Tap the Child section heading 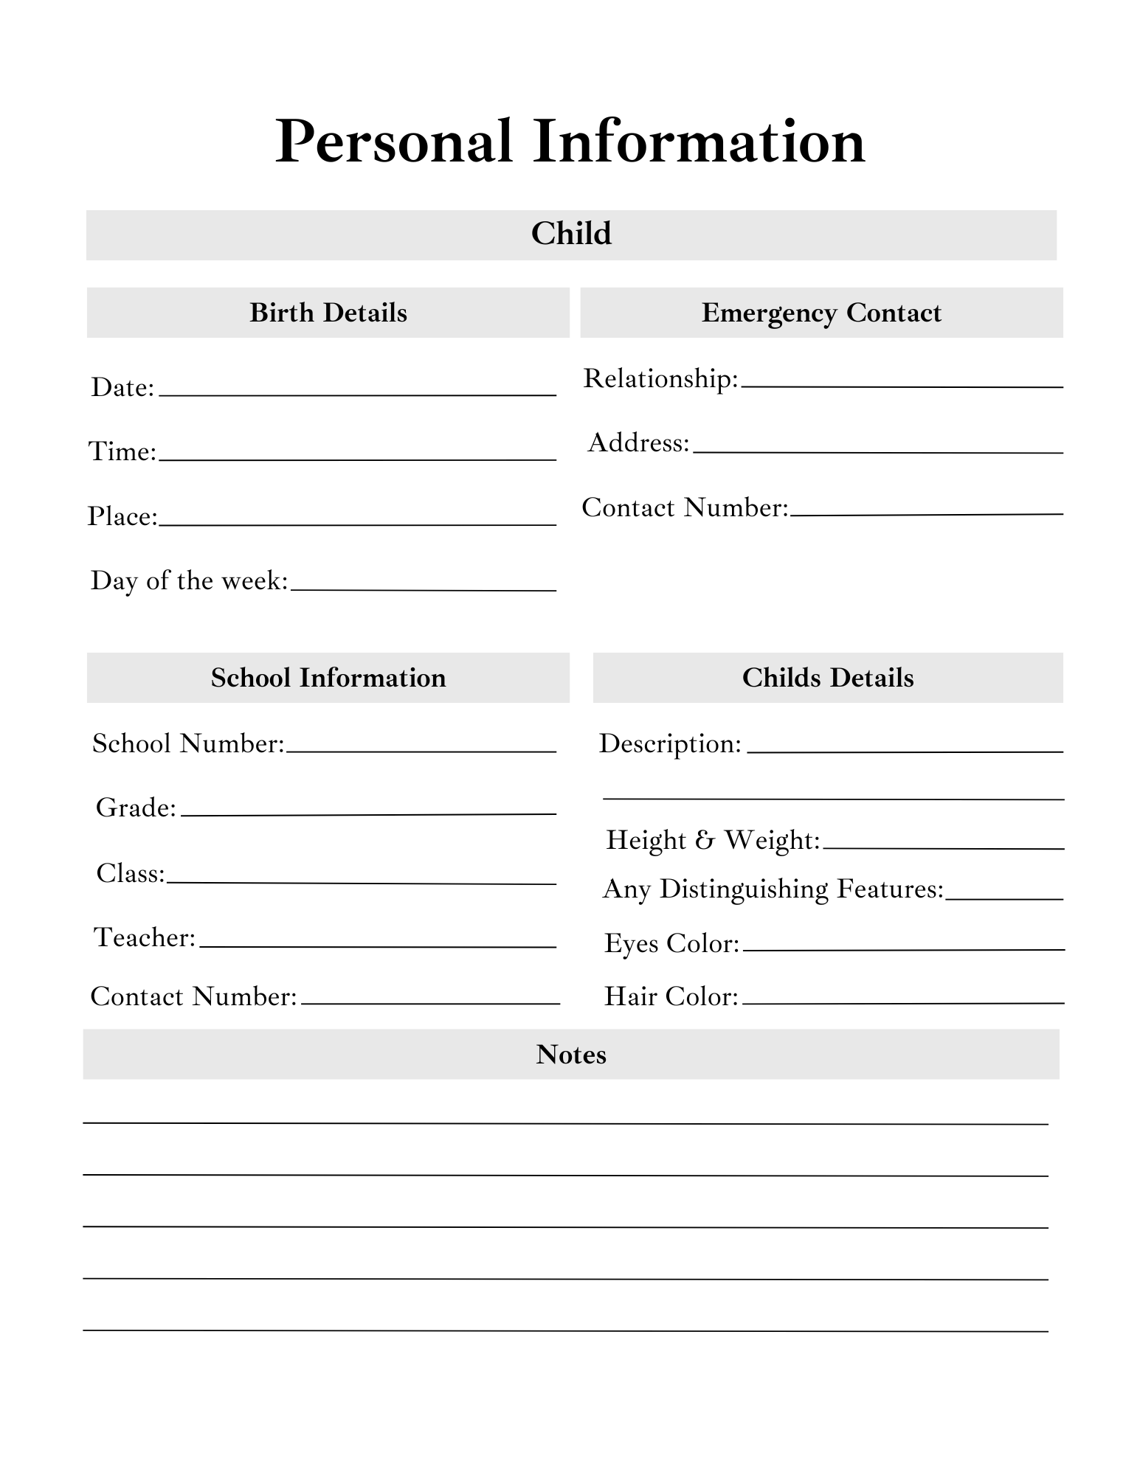571,234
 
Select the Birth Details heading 328,313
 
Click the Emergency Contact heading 821,313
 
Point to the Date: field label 122,387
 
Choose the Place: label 122,516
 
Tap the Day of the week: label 189,581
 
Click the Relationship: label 660,378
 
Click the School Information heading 328,678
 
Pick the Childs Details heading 828,678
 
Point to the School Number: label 188,743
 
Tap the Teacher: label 145,937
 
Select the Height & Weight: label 713,840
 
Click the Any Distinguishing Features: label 773,889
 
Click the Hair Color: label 671,997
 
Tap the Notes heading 571,1055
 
